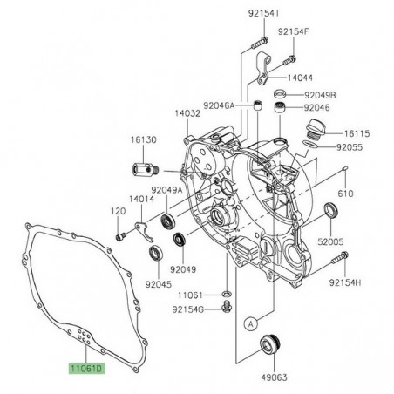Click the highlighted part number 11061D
coord(88,370)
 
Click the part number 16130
coord(146,139)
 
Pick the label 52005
coord(333,240)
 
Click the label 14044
coord(298,78)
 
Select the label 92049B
coord(319,93)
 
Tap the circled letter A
coord(249,323)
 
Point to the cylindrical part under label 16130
coord(146,168)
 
